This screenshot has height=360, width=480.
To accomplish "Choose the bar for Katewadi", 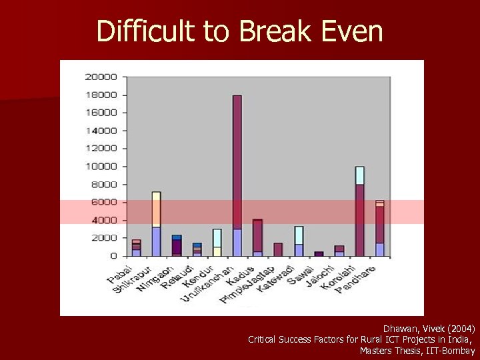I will (299, 241).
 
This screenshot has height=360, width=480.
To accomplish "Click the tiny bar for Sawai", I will (319, 253).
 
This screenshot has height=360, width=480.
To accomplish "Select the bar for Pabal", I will (136, 247).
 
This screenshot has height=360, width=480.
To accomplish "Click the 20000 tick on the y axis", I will (101, 77).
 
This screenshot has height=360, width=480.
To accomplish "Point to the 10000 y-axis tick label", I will (101, 166).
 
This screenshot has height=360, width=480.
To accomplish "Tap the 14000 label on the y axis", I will (101, 130).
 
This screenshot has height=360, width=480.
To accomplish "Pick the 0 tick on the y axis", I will (113, 256).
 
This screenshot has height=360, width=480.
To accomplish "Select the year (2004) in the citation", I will (461, 329).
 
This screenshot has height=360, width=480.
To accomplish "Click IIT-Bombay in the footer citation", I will (450, 350).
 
